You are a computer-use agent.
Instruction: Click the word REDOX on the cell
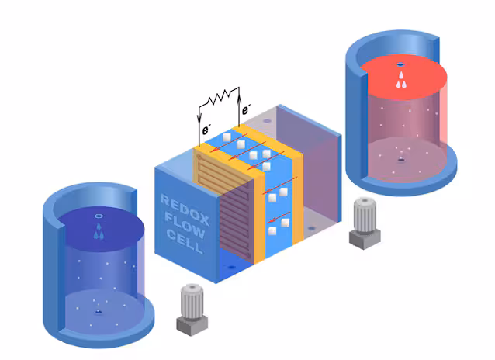click(x=185, y=209)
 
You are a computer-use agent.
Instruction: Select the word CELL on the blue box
click(x=185, y=241)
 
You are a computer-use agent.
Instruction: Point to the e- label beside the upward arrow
click(x=246, y=109)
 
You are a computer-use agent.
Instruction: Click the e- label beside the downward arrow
click(x=206, y=129)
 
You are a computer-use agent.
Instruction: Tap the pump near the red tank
click(x=365, y=223)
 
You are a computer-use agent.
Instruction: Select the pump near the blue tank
click(x=192, y=309)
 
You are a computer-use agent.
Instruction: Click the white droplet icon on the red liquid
click(x=401, y=80)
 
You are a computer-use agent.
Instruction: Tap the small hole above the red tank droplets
click(x=401, y=64)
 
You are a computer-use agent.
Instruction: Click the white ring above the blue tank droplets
click(x=99, y=216)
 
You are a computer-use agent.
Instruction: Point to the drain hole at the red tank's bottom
click(x=401, y=160)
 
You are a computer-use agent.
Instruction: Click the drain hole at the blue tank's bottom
click(x=99, y=312)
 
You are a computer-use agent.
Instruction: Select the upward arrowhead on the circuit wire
click(x=239, y=95)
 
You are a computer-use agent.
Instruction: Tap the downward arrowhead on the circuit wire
click(x=199, y=119)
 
